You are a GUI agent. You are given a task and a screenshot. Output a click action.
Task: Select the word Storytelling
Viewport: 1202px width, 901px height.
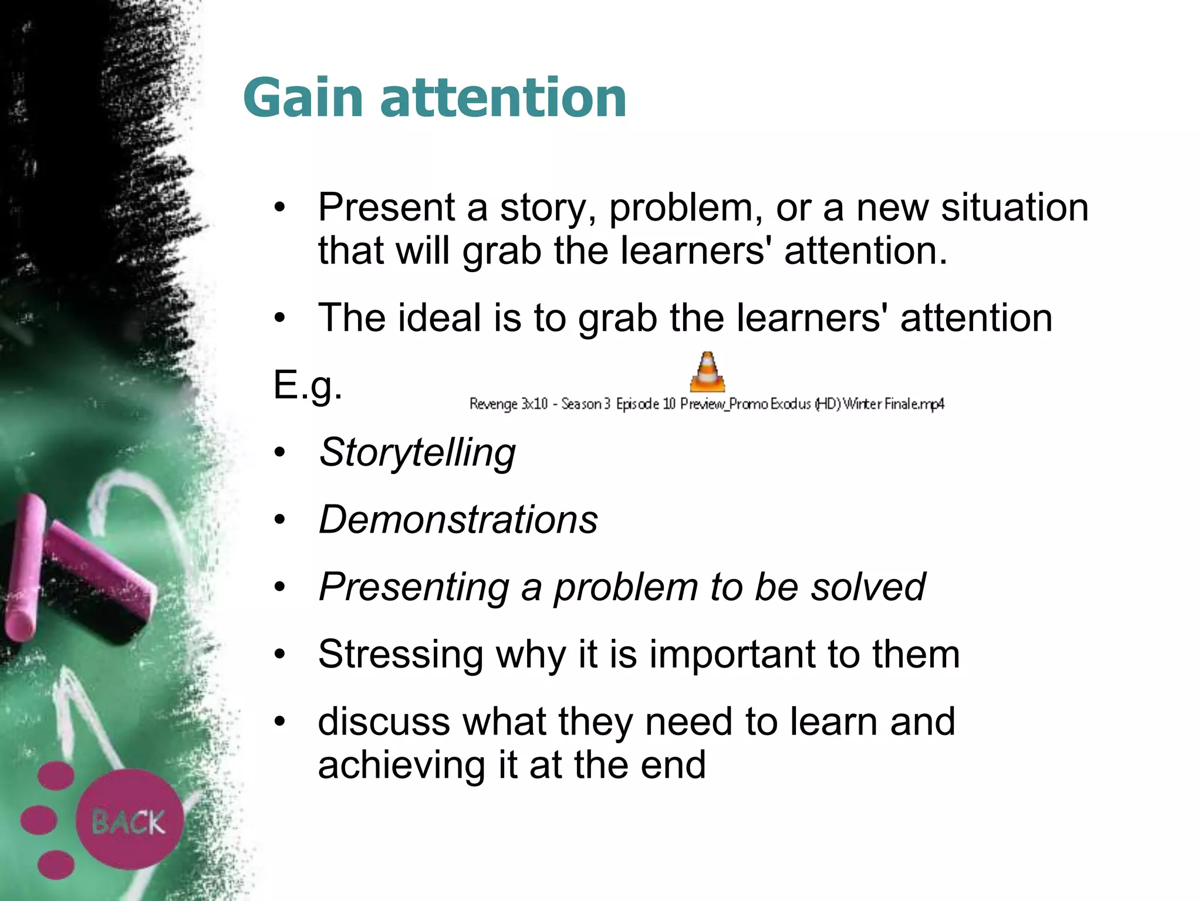point(417,453)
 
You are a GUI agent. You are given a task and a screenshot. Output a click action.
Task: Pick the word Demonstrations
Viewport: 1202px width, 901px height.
point(458,520)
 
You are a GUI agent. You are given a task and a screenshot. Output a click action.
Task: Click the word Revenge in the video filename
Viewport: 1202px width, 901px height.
point(493,404)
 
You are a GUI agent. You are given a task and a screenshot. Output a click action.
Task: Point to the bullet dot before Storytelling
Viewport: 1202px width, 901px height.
point(280,452)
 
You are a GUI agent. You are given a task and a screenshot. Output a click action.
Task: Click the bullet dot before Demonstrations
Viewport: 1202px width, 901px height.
point(280,519)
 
